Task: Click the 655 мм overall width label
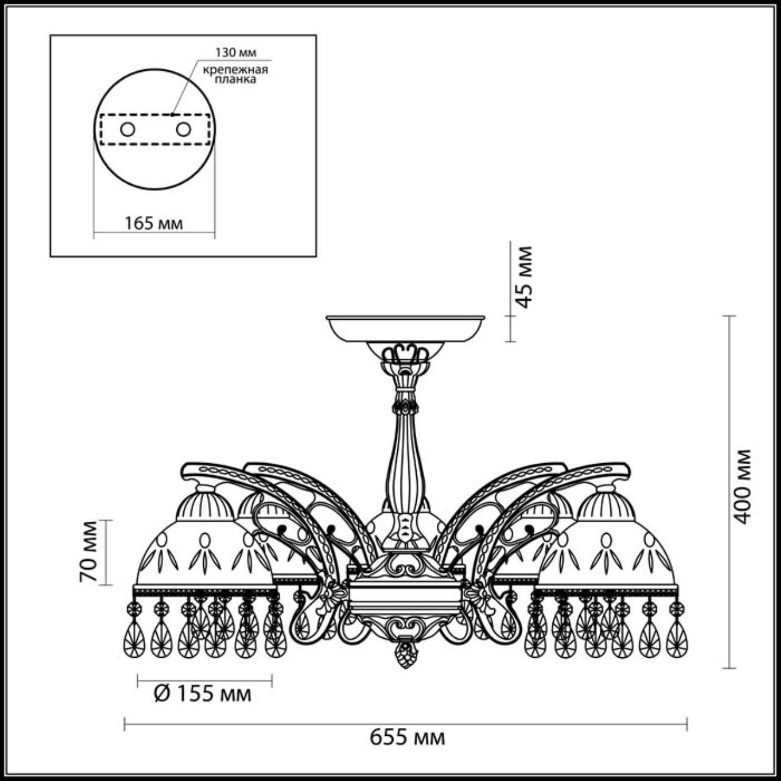point(407,738)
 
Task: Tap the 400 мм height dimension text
point(743,486)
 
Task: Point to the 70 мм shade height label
point(89,552)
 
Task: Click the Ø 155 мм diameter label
point(202,694)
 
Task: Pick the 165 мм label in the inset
point(154,223)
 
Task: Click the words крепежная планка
point(235,74)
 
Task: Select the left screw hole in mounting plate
point(128,129)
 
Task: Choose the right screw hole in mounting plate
point(183,129)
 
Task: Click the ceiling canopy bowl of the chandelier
point(405,329)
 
